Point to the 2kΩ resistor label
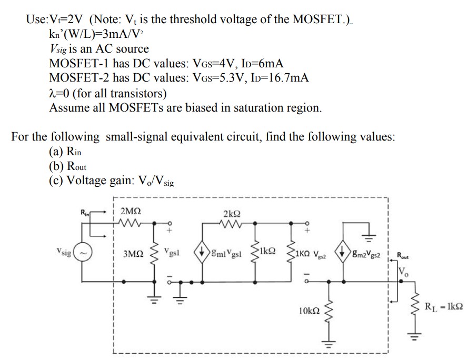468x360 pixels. pyautogui.click(x=233, y=214)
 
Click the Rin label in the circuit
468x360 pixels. pyautogui.click(x=84, y=214)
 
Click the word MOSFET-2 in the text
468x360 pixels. pyautogui.click(x=81, y=78)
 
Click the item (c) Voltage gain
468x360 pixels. pyautogui.click(x=97, y=181)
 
